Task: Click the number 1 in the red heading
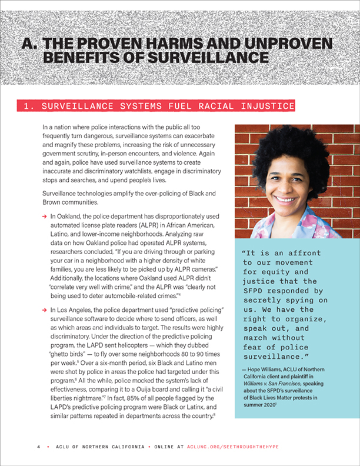click(26, 106)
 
